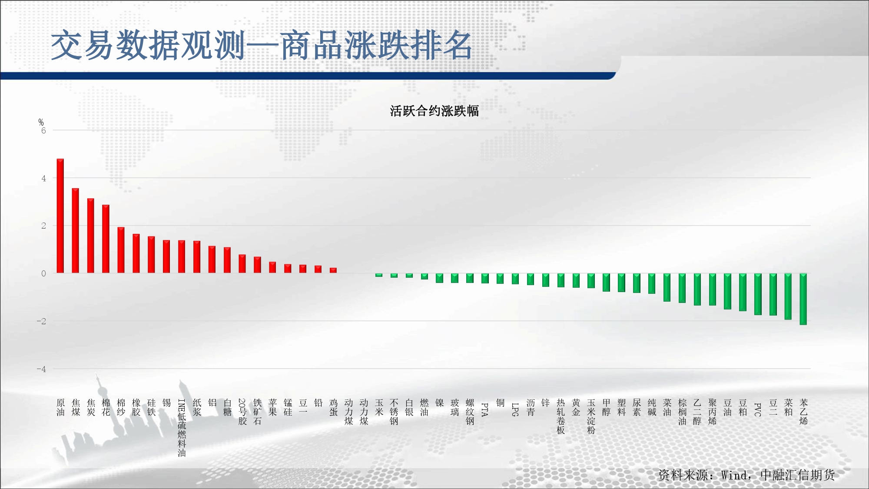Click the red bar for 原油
[x=60, y=216]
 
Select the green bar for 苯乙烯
[x=803, y=299]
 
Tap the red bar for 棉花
[x=106, y=239]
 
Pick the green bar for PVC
[x=758, y=294]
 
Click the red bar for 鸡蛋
[x=333, y=270]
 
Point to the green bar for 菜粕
[x=788, y=296]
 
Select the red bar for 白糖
[x=227, y=260]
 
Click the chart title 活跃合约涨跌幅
[x=434, y=111]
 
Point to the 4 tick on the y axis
[x=43, y=178]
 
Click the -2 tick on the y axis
[x=41, y=321]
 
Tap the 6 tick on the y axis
[x=43, y=130]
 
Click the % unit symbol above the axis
[x=41, y=122]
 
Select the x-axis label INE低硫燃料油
[x=182, y=428]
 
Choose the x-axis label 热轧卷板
[x=561, y=416]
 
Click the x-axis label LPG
[x=515, y=409]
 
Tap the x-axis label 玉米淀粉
[x=591, y=416]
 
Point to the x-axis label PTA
[x=485, y=409]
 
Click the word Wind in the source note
[x=734, y=475]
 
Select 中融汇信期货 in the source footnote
[x=798, y=475]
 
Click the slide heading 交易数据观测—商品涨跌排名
[x=262, y=45]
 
